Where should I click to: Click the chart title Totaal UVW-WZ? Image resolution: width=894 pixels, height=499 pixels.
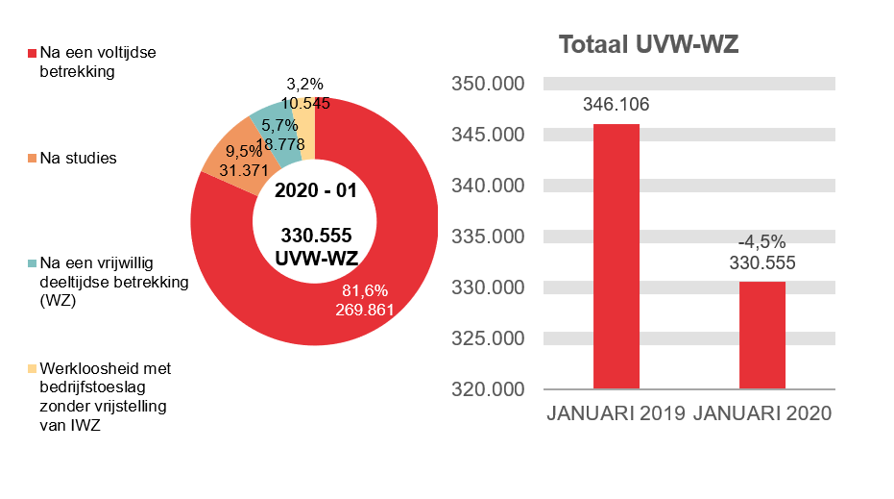pyautogui.click(x=648, y=44)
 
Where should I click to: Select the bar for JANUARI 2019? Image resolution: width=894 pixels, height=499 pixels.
pyautogui.click(x=616, y=257)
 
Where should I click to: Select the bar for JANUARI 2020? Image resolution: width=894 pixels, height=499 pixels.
pyautogui.click(x=762, y=336)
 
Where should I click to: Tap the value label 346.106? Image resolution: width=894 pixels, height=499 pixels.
pyautogui.click(x=616, y=105)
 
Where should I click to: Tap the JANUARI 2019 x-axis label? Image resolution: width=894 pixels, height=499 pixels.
pyautogui.click(x=616, y=414)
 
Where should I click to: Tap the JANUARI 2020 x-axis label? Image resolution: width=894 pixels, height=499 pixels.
pyautogui.click(x=762, y=414)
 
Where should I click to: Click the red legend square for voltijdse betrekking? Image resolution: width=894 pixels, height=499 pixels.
pyautogui.click(x=33, y=54)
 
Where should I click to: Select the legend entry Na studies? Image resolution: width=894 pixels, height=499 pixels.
pyautogui.click(x=78, y=158)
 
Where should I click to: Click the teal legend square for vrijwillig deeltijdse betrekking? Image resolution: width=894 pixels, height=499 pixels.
pyautogui.click(x=33, y=263)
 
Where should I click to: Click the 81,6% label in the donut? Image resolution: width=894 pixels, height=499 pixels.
pyautogui.click(x=361, y=290)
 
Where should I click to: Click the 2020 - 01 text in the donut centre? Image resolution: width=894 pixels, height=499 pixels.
pyautogui.click(x=315, y=190)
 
